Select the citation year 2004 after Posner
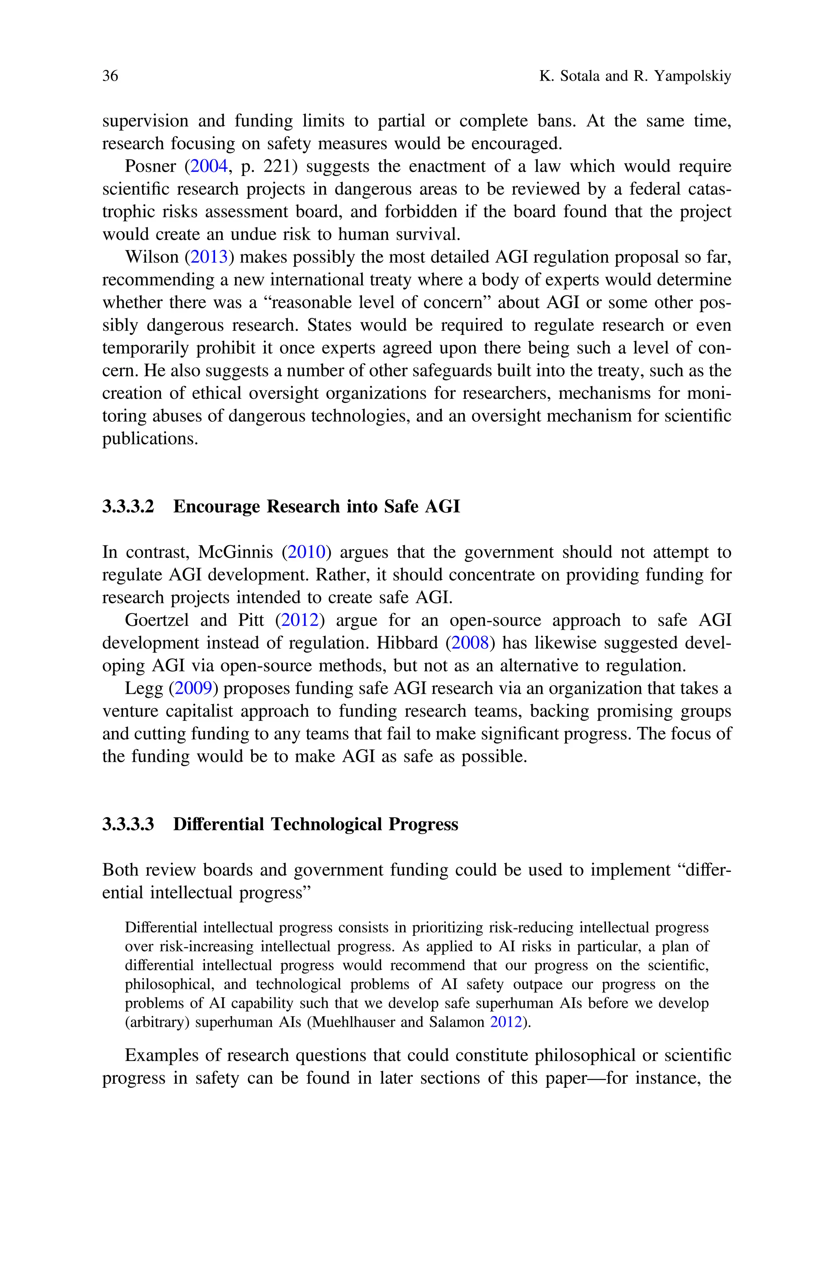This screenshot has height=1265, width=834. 209,167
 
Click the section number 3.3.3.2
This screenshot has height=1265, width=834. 128,506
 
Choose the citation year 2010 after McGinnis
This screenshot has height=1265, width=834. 306,552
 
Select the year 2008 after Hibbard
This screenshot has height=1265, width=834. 470,643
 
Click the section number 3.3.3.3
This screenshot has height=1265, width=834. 128,825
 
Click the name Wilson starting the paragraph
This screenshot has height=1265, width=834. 151,257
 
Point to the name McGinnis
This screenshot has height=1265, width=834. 235,552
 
